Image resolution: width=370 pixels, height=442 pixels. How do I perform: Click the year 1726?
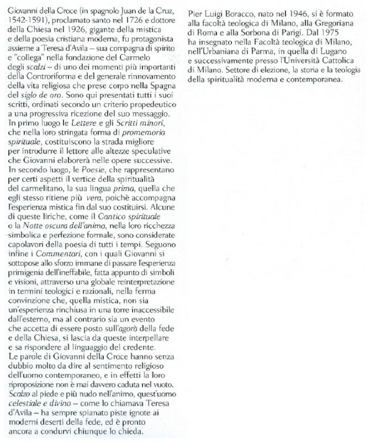point(132,20)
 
